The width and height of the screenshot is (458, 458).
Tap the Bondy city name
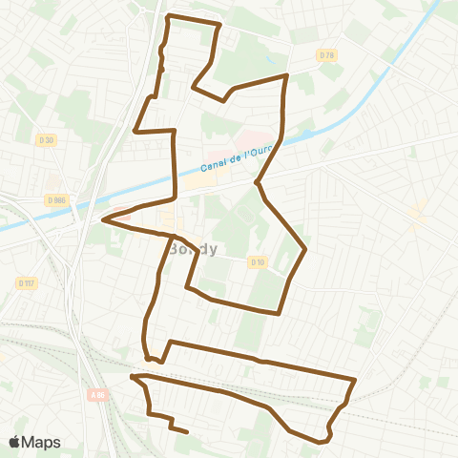193,248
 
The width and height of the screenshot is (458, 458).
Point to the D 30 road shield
45,140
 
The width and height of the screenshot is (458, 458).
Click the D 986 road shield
54,199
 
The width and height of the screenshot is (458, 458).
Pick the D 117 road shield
26,282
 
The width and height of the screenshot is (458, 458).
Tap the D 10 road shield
257,261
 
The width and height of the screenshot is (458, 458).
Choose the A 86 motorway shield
97,393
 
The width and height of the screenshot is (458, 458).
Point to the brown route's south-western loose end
185,432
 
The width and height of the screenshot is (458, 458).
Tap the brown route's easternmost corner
355,380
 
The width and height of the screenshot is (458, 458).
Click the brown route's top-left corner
168,17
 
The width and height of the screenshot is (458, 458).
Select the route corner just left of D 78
286,75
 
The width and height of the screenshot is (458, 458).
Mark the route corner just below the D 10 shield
278,312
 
